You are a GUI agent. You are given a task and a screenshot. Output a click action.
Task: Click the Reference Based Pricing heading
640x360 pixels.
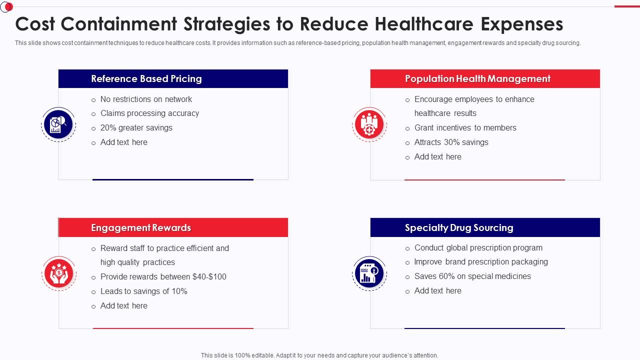(146, 79)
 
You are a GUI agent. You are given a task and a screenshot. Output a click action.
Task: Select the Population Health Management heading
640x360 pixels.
(477, 79)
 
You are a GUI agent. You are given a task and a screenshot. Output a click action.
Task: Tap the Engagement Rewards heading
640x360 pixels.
(141, 228)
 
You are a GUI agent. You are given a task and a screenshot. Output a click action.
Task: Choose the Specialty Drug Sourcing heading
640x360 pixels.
(459, 228)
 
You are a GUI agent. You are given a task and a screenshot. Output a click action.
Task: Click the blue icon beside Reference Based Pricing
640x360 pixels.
(58, 124)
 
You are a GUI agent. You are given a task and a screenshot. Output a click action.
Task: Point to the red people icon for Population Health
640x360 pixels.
(369, 124)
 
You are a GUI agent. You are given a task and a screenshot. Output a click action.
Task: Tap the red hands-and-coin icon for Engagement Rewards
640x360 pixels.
(59, 273)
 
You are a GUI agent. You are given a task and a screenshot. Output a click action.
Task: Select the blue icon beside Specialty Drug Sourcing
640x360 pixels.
(369, 273)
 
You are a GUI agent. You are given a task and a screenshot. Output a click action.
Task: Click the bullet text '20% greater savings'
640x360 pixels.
(136, 128)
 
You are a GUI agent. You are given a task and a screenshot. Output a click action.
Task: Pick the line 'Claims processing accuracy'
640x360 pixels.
(149, 113)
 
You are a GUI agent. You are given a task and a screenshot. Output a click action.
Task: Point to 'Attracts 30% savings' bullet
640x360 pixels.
(451, 142)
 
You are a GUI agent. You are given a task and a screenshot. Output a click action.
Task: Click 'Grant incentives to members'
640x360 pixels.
(465, 128)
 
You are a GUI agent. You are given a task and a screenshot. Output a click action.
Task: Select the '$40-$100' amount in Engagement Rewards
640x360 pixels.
(209, 277)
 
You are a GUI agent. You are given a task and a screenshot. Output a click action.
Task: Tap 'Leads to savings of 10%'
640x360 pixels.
(144, 291)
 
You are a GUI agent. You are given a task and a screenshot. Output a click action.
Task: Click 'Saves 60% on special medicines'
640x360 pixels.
(472, 276)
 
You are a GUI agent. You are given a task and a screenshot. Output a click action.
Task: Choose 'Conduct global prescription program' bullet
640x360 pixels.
(478, 248)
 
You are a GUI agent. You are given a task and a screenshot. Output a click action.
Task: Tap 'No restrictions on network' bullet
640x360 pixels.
(146, 99)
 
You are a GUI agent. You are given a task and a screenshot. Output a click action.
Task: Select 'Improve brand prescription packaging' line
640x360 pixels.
(481, 262)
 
